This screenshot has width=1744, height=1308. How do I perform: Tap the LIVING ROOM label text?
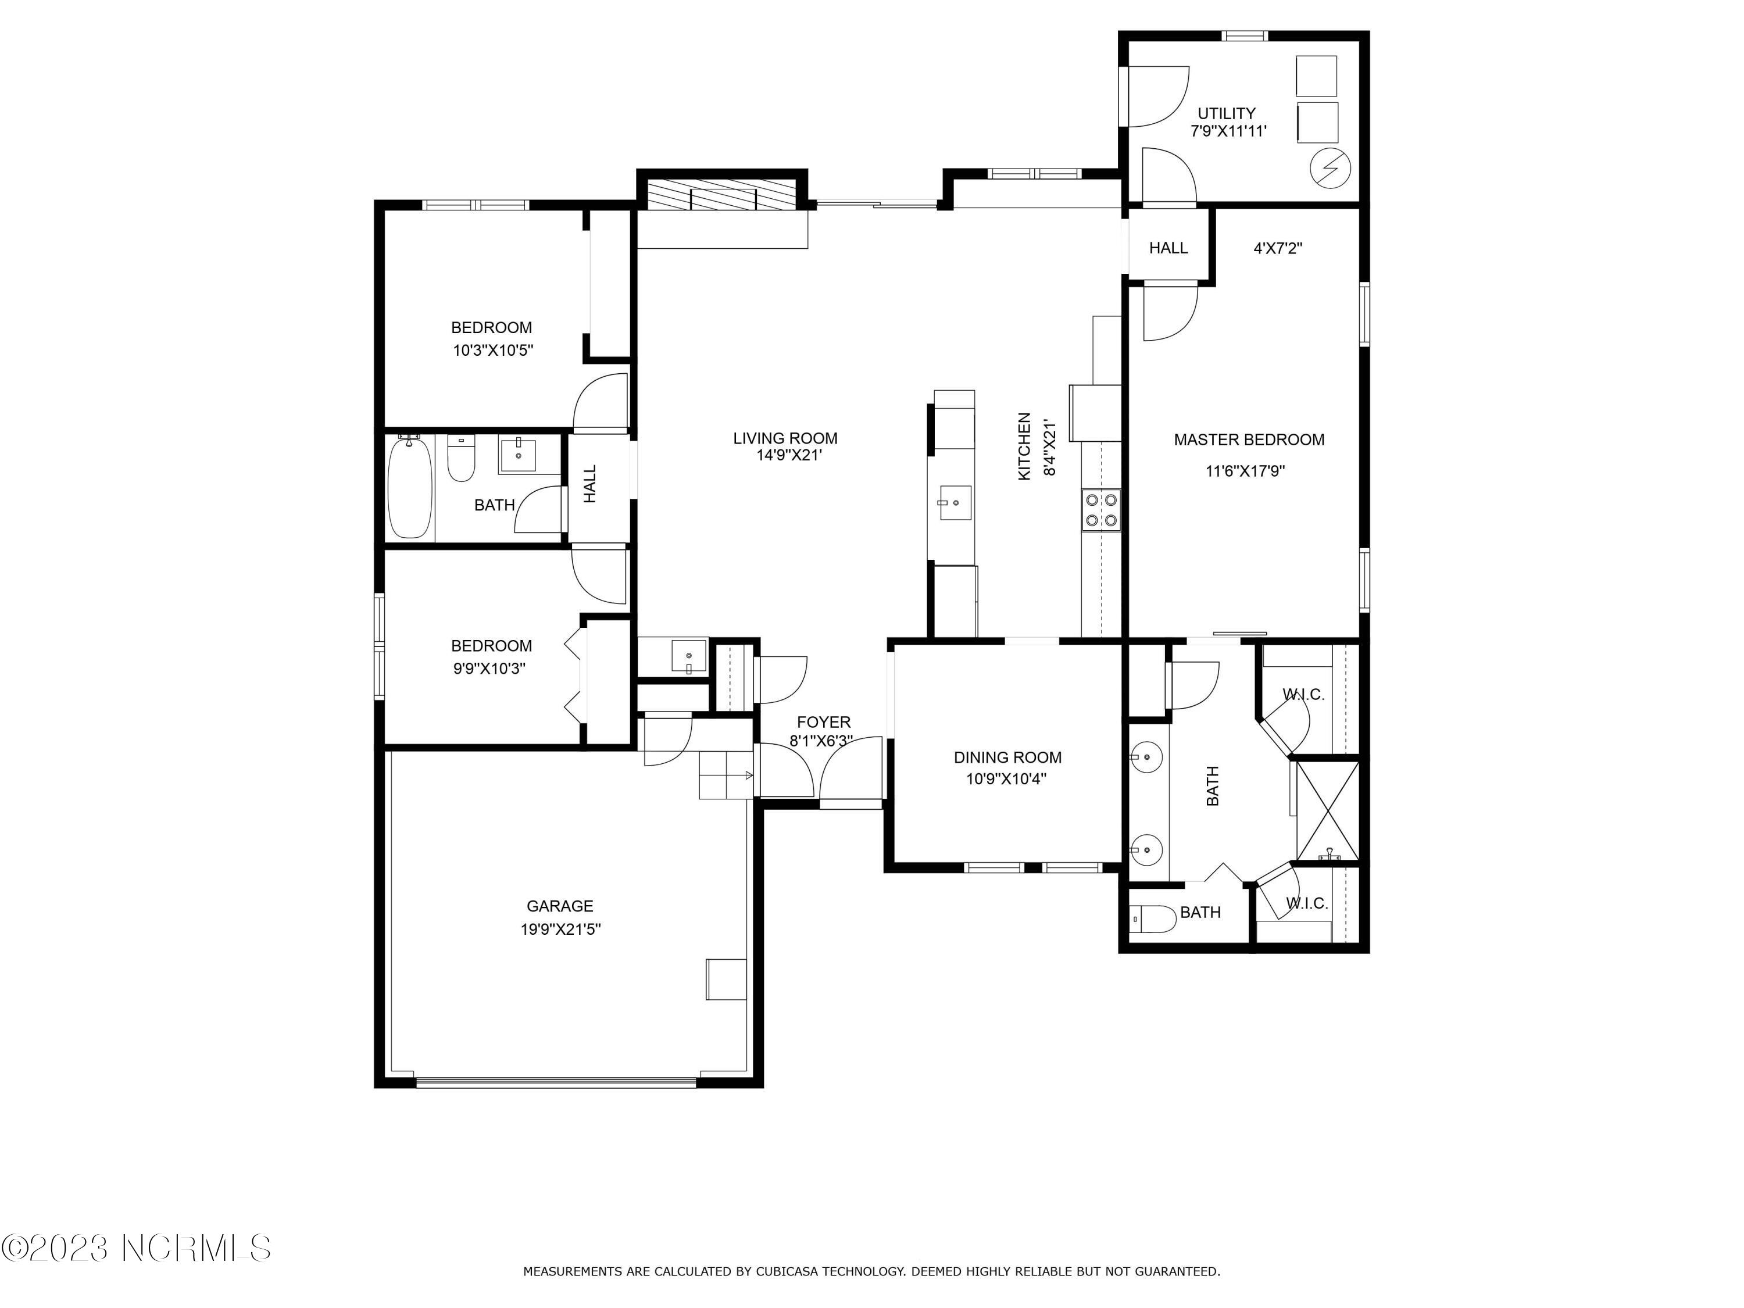click(x=785, y=438)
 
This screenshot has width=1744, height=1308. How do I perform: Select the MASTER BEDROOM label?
click(x=1249, y=440)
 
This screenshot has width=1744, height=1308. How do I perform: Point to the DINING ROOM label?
click(x=1007, y=757)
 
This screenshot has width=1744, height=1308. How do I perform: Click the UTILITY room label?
click(x=1227, y=113)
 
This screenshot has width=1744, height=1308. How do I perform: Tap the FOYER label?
click(x=824, y=722)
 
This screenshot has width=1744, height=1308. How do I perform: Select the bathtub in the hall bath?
click(x=410, y=487)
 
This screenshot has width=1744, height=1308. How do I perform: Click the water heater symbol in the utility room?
click(x=1330, y=168)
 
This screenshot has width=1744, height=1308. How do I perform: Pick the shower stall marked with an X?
click(x=1328, y=810)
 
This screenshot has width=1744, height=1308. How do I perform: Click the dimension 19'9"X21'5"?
click(x=560, y=930)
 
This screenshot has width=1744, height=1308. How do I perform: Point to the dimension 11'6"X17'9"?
click(x=1246, y=471)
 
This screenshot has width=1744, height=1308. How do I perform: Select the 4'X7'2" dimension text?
click(x=1278, y=248)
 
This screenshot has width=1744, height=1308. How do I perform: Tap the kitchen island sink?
click(x=954, y=503)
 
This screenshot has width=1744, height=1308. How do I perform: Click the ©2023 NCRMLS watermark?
click(x=137, y=1248)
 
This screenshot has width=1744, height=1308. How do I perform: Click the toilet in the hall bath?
click(x=460, y=459)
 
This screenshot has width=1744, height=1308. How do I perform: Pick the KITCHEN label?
click(x=1024, y=446)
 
